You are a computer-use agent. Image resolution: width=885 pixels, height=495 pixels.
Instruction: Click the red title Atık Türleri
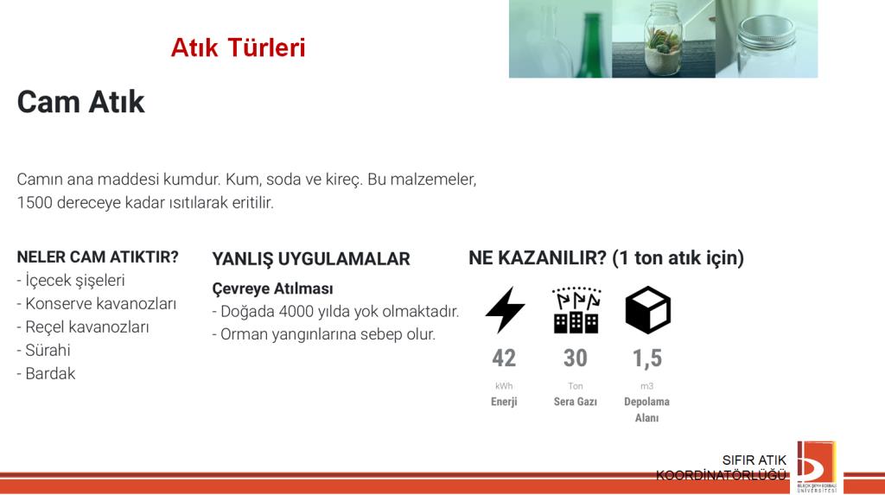click(239, 48)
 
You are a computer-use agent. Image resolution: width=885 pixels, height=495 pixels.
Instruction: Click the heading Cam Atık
click(80, 102)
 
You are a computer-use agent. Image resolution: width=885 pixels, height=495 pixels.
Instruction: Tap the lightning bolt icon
click(505, 310)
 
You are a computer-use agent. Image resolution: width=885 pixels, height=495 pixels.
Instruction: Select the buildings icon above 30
click(576, 310)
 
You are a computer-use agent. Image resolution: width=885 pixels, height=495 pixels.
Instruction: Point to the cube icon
click(647, 310)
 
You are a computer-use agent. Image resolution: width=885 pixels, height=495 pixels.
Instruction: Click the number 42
click(504, 359)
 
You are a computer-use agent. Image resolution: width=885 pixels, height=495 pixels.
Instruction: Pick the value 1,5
click(646, 359)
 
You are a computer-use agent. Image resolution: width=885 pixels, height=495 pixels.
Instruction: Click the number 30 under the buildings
click(575, 359)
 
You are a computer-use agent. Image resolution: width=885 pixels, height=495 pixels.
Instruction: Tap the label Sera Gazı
click(575, 402)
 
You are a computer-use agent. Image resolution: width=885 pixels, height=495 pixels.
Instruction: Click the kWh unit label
click(504, 386)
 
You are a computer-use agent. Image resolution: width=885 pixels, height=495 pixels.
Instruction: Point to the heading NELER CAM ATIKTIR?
click(98, 257)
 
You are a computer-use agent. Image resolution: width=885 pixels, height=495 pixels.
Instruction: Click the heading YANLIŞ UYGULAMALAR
click(311, 259)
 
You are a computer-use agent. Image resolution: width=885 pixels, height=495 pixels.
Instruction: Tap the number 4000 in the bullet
click(297, 312)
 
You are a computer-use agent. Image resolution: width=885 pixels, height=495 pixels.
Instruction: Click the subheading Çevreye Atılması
click(272, 289)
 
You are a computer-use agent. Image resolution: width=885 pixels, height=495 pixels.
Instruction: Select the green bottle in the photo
click(593, 44)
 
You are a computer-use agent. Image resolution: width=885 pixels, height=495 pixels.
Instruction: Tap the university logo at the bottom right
click(817, 466)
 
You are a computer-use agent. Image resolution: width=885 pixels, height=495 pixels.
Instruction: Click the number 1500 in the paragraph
click(35, 203)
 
